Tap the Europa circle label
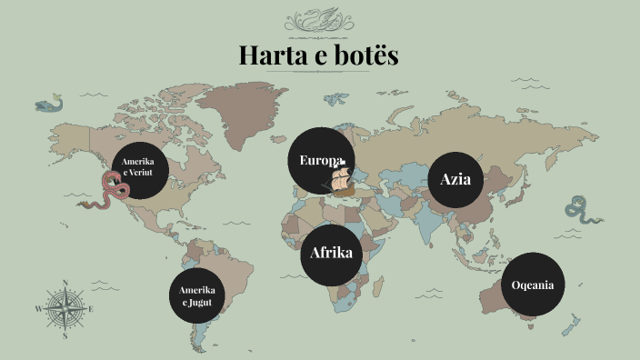pyautogui.click(x=321, y=161)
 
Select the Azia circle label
pyautogui.click(x=455, y=178)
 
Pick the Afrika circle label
pyautogui.click(x=331, y=253)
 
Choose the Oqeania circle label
pyautogui.click(x=533, y=285)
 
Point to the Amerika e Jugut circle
pyautogui.click(x=197, y=294)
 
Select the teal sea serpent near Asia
pyautogui.click(x=579, y=211)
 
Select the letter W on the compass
pyautogui.click(x=38, y=309)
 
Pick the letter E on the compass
pyautogui.click(x=92, y=309)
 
